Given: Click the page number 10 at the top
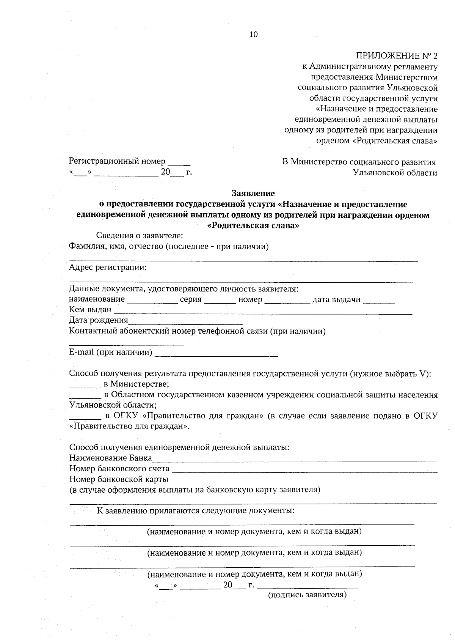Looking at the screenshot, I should point(253,35).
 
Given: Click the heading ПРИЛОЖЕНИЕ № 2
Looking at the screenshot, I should point(396,56).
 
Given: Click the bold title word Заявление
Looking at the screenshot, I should point(253,194).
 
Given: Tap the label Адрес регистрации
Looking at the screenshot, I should point(108,268).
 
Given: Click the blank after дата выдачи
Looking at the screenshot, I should point(379,303).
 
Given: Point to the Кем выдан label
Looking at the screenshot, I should point(90,310).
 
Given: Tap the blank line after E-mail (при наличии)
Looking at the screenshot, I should point(217,355).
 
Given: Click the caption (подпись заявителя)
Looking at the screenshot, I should point(307,595).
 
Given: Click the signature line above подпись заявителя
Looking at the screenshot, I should point(307,587).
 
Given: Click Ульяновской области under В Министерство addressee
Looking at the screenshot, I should point(395,173).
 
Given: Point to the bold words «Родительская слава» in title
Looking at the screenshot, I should point(254,226).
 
